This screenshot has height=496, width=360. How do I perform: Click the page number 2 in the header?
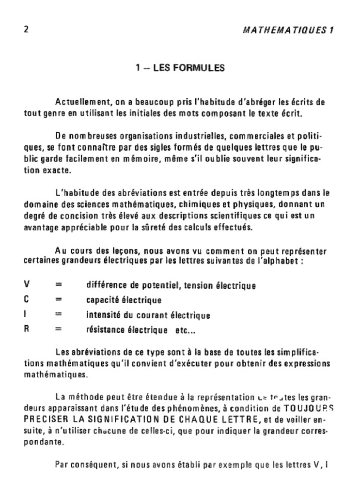pos(26,29)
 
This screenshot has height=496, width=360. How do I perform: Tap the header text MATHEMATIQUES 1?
pos(288,30)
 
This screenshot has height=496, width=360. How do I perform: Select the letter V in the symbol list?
pos(26,285)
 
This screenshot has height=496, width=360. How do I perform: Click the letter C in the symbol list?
pos(26,300)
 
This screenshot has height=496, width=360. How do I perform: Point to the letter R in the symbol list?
pos(26,330)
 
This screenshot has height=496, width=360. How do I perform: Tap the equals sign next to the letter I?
pos(58,315)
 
